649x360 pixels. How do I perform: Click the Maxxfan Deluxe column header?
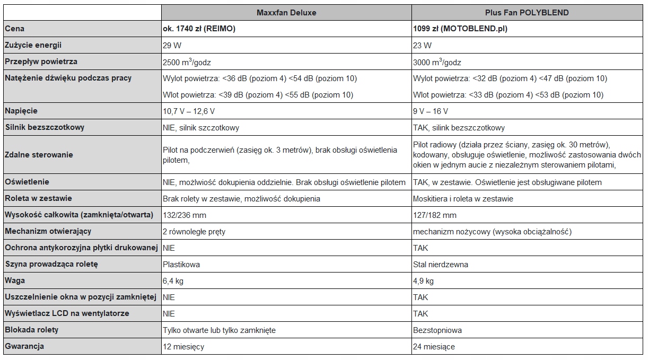click(x=286, y=12)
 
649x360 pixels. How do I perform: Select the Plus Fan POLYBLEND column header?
click(x=527, y=12)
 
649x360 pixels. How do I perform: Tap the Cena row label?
click(x=14, y=29)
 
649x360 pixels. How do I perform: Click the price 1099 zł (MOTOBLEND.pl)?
click(x=460, y=29)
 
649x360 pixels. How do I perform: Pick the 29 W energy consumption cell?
click(x=171, y=46)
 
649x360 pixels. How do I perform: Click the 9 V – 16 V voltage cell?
click(x=430, y=111)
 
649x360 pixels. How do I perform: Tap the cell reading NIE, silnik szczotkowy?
click(x=201, y=128)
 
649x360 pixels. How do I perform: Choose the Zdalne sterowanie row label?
click(x=39, y=155)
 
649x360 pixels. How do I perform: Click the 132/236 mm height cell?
click(x=184, y=215)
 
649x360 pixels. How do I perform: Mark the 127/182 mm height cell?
click(x=434, y=215)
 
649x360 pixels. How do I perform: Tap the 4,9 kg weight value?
click(x=423, y=281)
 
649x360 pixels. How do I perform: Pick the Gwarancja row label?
click(x=24, y=347)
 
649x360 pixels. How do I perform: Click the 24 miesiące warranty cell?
click(x=434, y=347)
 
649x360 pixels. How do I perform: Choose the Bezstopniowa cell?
click(x=437, y=330)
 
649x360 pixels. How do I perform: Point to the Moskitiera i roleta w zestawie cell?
click(x=463, y=199)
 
